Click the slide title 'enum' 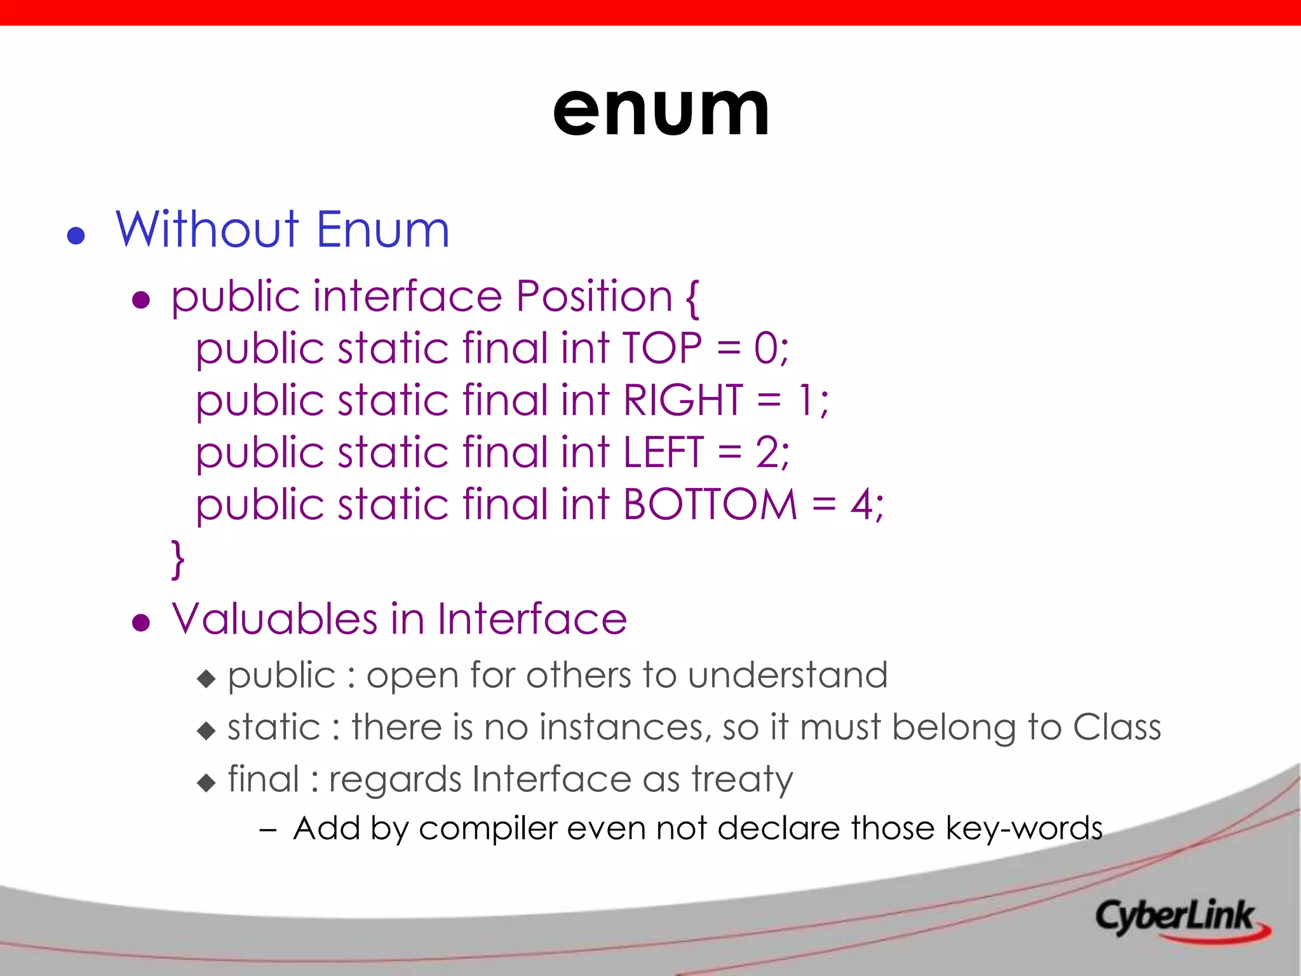click(x=661, y=111)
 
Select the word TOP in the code click(x=662, y=348)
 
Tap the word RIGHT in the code click(x=682, y=400)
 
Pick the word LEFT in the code click(x=663, y=452)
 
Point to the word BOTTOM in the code click(x=710, y=505)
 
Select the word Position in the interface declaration click(x=593, y=296)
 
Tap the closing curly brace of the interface click(x=178, y=559)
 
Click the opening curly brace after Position click(x=692, y=297)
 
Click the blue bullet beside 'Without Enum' click(x=76, y=236)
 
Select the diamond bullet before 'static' click(x=206, y=731)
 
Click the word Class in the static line click(x=1117, y=727)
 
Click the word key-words click(x=1023, y=829)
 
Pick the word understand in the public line click(x=788, y=675)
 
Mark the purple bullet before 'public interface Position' click(x=140, y=300)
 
